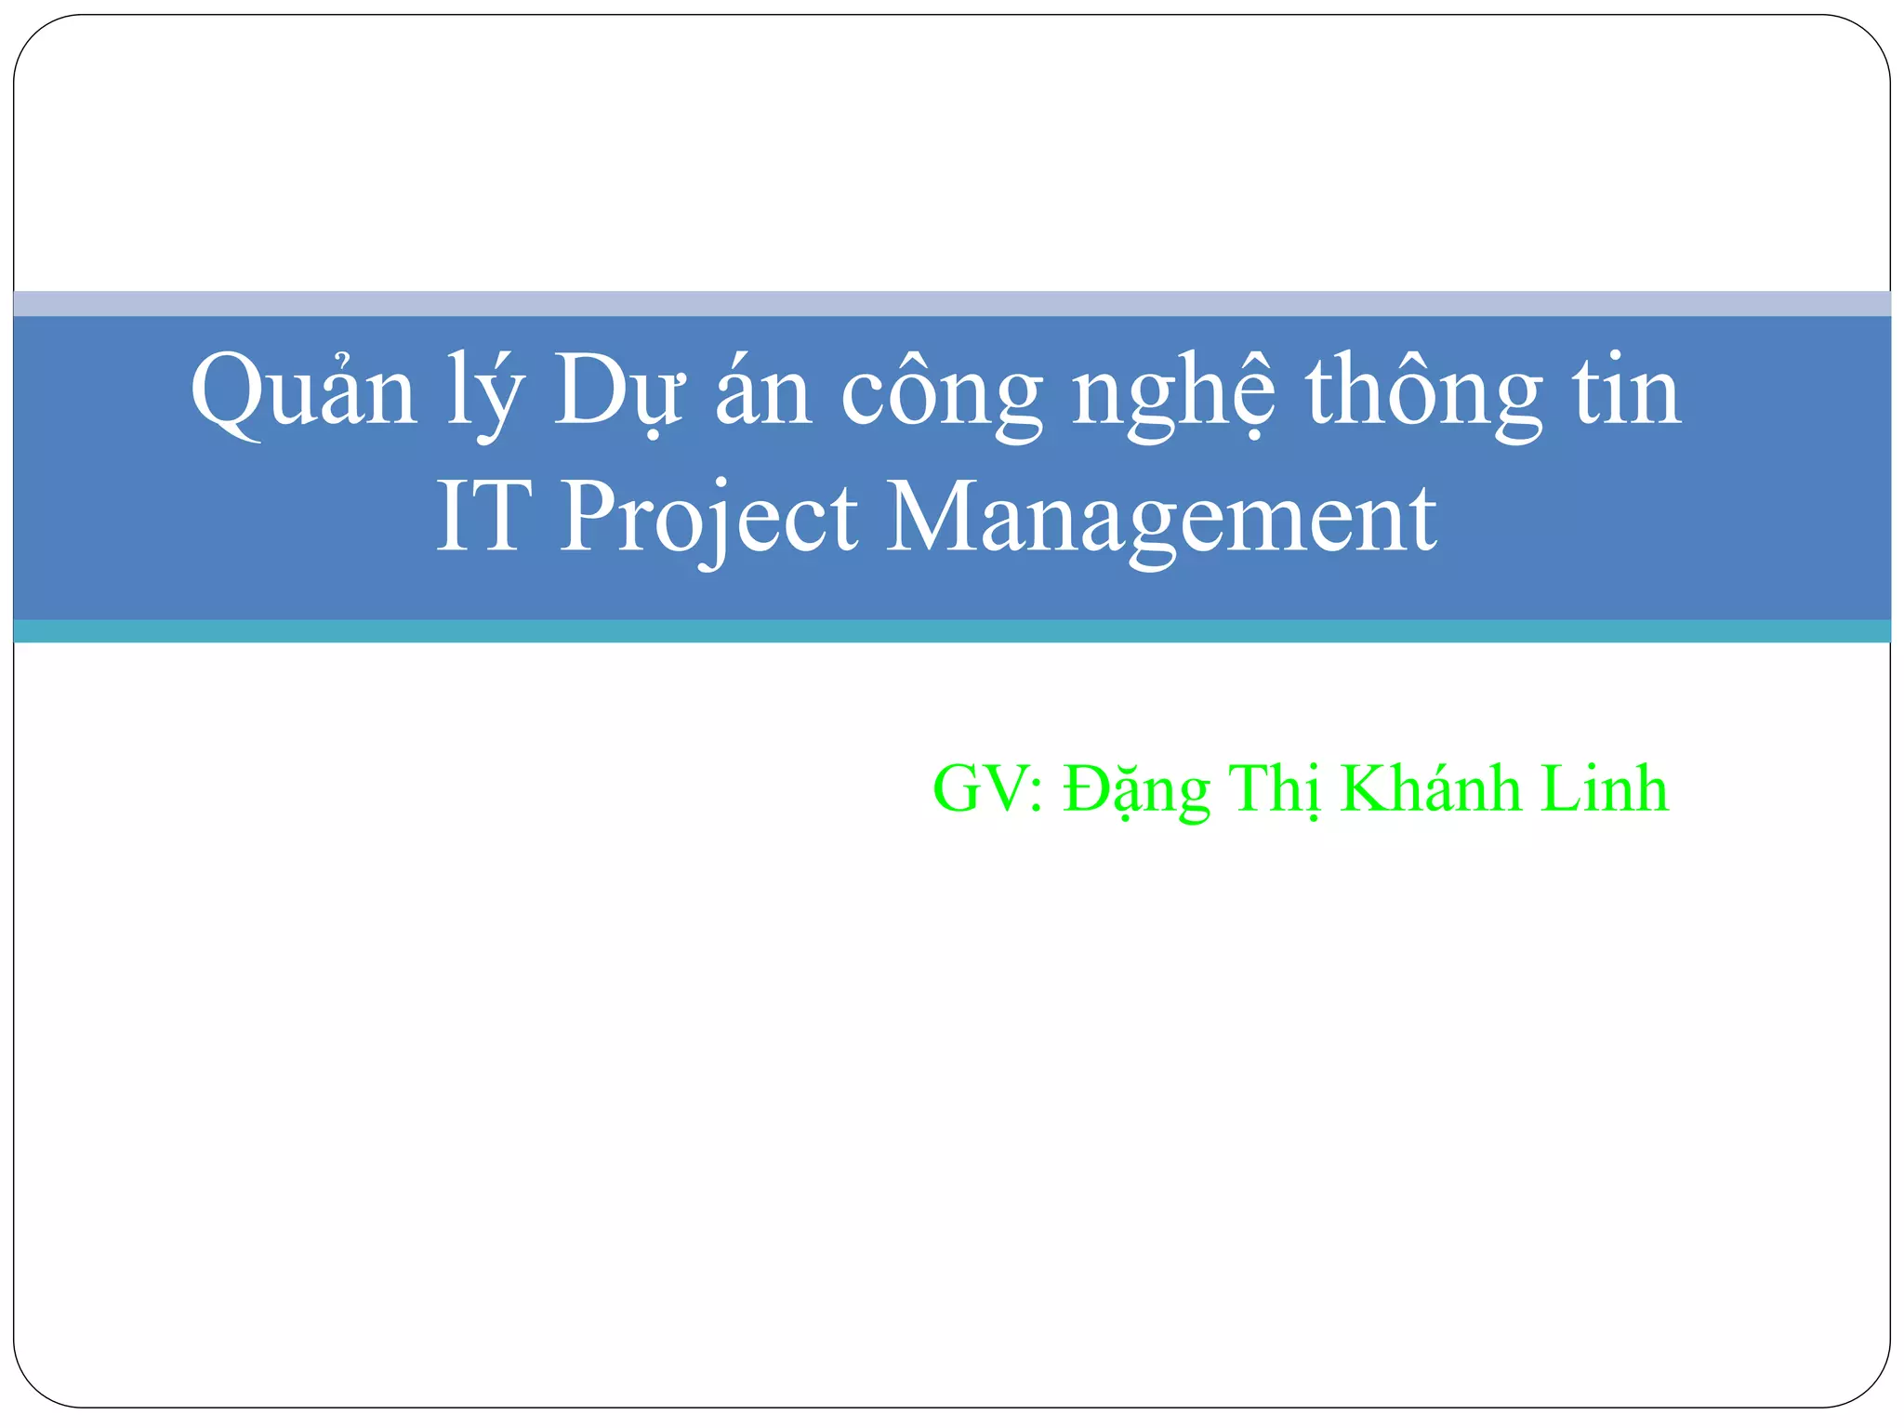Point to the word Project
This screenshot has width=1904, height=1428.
point(707,519)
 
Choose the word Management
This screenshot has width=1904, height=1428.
point(1160,519)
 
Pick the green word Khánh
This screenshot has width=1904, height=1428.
point(1431,787)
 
